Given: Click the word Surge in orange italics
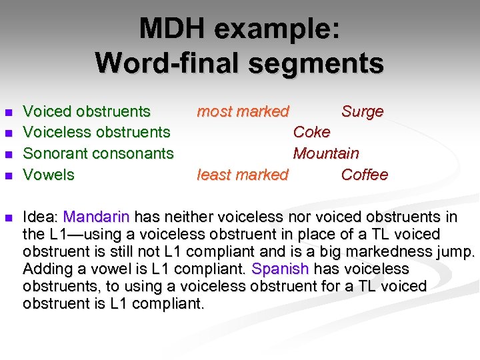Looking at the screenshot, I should [362, 111].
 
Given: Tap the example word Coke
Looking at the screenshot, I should [311, 132].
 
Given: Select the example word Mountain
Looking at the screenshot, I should [326, 153].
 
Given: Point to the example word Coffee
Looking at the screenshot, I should [364, 175].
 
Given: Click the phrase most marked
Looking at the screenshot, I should [243, 111].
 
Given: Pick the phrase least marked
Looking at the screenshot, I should [243, 175].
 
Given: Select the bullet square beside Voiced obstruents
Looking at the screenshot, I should [8, 112].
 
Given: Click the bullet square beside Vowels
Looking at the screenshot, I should [8, 176].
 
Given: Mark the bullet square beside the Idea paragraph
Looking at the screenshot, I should [8, 217].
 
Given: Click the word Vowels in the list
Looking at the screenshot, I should [49, 175].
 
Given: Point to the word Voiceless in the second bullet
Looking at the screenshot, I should [56, 132].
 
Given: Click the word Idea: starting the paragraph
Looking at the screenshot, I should [41, 217].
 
